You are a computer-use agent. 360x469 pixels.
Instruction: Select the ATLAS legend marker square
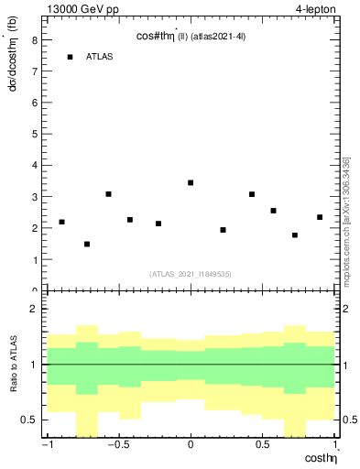tap(70, 57)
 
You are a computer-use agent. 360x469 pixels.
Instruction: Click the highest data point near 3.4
tap(191, 182)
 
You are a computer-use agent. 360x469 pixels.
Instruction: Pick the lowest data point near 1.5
tap(87, 244)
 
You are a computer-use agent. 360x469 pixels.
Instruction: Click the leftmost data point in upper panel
tap(61, 222)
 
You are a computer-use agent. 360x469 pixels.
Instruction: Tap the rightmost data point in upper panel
tap(320, 217)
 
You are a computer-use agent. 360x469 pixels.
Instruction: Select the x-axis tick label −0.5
tap(116, 446)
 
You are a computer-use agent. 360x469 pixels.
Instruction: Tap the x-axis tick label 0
tap(191, 446)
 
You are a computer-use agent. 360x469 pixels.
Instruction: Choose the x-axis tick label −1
tap(46, 446)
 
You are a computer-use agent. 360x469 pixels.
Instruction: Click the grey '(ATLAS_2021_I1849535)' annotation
tap(190, 274)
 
